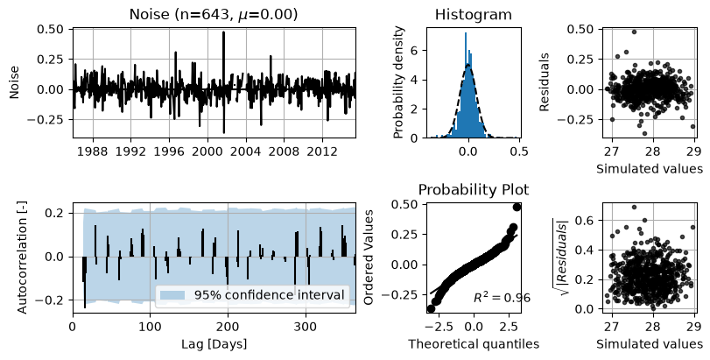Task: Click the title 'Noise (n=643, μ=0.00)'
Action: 214,15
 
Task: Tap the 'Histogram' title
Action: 473,15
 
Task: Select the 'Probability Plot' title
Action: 473,189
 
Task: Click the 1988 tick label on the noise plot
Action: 93,151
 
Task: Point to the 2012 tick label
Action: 322,151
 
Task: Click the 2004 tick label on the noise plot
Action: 246,151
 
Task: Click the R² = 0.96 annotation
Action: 502,297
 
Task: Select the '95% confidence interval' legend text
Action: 270,295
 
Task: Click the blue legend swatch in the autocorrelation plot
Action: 172,295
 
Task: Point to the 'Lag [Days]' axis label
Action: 214,344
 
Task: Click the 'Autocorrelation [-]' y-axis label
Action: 22,258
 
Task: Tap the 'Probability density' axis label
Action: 398,82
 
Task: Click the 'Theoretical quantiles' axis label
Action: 474,344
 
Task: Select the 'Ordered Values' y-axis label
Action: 369,258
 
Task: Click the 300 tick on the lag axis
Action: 306,326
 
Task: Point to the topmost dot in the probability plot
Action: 517,207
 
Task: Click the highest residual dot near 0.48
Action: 634,32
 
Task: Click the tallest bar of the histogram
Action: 465,85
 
